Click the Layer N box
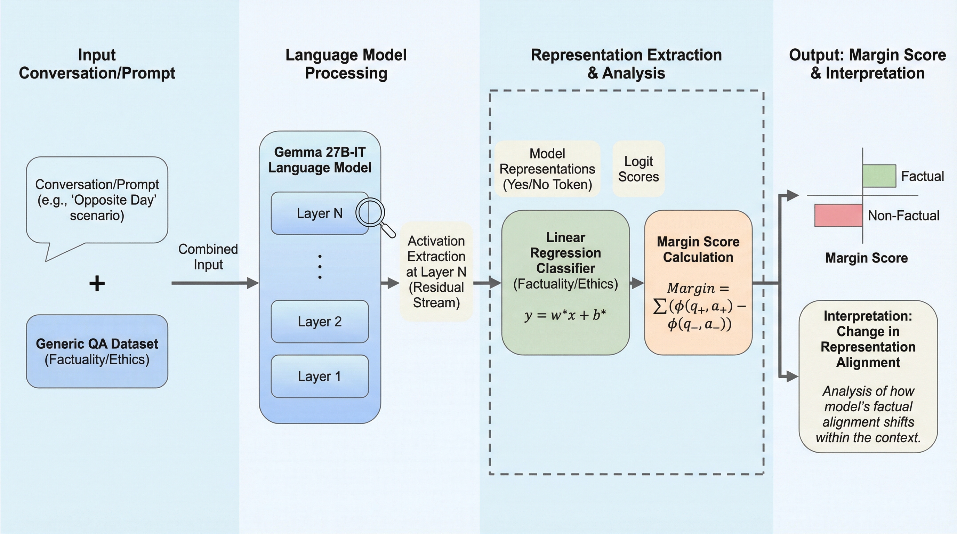coord(320,213)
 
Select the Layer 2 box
coord(320,321)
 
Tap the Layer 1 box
coord(320,376)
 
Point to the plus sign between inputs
coord(97,284)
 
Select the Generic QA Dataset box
coord(97,351)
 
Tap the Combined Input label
coord(208,257)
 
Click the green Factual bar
coord(879,176)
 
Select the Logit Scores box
coord(638,169)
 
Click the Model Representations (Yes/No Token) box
coord(547,169)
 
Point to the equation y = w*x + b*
coord(565,315)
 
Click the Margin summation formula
coord(698,306)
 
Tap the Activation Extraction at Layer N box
coord(436,272)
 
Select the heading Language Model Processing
coord(346,64)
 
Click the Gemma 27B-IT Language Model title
coord(320,160)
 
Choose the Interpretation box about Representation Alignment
coord(868,376)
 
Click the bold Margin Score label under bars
coord(866,258)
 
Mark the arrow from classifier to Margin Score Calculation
coord(637,283)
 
